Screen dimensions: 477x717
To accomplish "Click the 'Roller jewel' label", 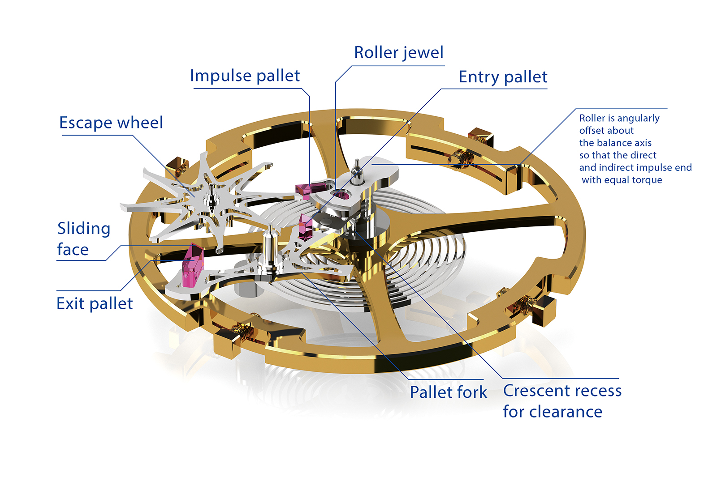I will coord(398,53).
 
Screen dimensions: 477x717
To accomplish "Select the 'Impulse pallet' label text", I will coord(245,76).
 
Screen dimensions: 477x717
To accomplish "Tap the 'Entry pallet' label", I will coord(503,77).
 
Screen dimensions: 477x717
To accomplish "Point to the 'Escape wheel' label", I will coord(111,123).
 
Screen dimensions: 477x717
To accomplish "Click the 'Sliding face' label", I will coord(83,238).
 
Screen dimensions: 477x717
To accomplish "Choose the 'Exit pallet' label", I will coord(95,303).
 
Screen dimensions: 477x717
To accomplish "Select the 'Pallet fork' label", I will coord(448,392).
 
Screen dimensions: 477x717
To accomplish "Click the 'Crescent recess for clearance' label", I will coord(562,401).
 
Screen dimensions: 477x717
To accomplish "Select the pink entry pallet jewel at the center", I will coord(306,226).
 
